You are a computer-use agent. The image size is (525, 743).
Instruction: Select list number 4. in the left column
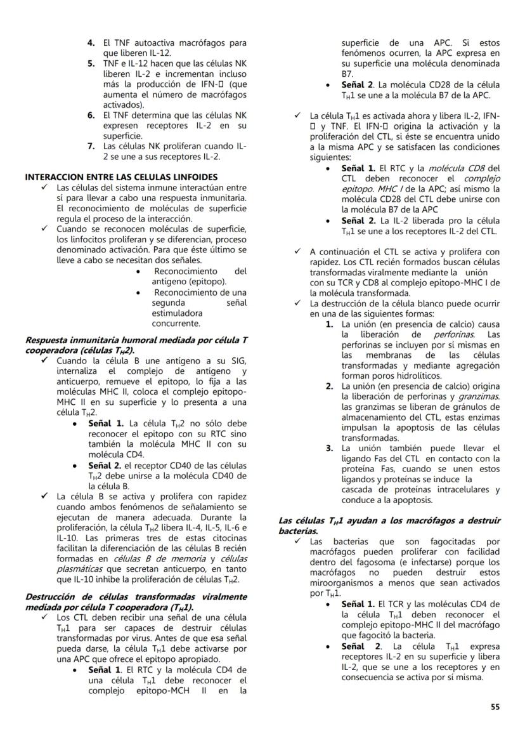click(x=91, y=43)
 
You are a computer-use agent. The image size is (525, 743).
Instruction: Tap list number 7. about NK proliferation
click(x=91, y=146)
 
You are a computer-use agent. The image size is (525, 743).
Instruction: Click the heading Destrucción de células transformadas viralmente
click(x=136, y=597)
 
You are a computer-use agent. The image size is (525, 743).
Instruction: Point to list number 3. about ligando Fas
click(x=329, y=449)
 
